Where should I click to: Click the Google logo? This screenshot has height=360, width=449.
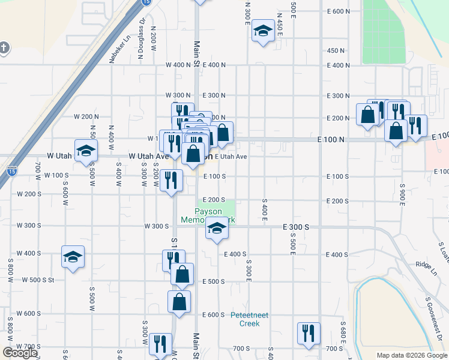click(x=20, y=353)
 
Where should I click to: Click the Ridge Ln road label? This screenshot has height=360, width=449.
click(x=427, y=264)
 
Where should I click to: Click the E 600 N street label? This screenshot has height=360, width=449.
click(x=339, y=11)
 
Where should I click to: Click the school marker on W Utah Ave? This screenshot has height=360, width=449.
click(x=86, y=151)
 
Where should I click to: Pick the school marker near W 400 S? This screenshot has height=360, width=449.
click(x=73, y=257)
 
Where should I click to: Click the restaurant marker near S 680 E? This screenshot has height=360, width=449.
click(x=309, y=334)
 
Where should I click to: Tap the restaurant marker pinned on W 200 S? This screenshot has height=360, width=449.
click(x=172, y=181)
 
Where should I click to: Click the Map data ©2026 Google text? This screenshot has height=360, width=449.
click(x=411, y=355)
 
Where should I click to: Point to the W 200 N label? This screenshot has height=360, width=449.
click(x=86, y=116)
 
